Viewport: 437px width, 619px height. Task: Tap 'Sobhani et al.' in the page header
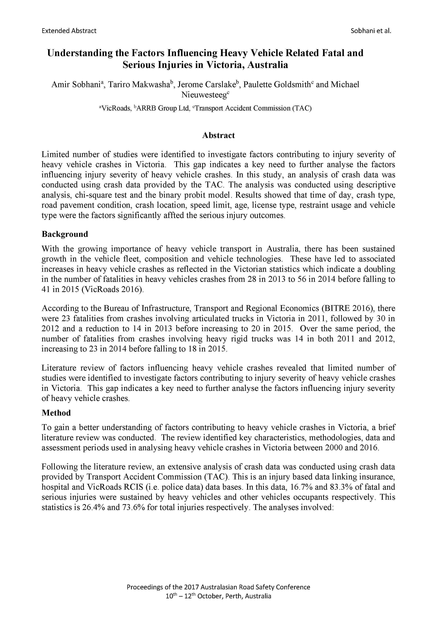pyautogui.click(x=371, y=31)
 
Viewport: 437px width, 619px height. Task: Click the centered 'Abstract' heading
pyautogui.click(x=218, y=135)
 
